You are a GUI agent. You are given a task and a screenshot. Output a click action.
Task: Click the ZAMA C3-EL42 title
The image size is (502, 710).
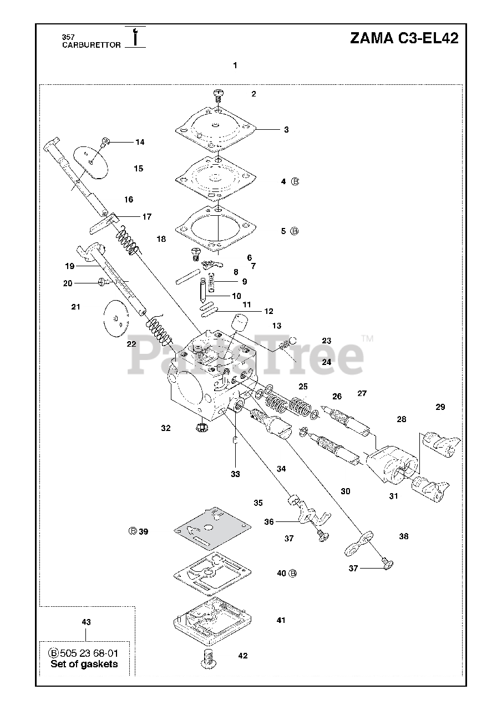coord(404,38)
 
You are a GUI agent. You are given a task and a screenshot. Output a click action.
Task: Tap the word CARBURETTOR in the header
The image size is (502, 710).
coord(91,45)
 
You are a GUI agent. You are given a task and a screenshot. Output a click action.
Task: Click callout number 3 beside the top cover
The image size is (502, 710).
coord(286,130)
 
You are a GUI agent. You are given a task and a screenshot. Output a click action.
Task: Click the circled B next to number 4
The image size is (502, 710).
coord(295,181)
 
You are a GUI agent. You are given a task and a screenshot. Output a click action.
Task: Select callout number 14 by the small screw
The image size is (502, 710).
coord(139,142)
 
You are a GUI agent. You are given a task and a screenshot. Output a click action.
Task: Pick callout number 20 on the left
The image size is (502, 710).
coord(67,283)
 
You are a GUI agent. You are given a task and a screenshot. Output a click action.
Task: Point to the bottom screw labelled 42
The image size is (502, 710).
coord(209,657)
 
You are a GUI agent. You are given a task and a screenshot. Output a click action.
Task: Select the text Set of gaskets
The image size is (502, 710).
coord(84,664)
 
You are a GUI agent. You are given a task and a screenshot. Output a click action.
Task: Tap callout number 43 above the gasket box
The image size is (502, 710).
coord(86,622)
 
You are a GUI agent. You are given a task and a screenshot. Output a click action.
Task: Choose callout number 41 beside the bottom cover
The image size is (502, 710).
coord(281,620)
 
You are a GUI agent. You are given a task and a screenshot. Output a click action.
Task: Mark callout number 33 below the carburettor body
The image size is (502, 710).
coord(236,474)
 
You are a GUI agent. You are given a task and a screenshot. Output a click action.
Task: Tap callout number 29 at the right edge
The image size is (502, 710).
coord(440,407)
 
